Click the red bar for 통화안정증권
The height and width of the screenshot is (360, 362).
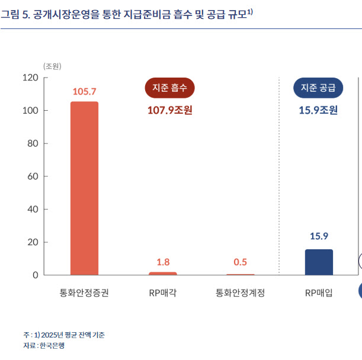coord(84,188)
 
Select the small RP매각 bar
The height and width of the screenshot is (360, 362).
coord(162,274)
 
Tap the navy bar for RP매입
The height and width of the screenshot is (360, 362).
coord(319,262)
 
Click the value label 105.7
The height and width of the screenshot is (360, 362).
coord(84,91)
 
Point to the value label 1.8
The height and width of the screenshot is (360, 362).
coord(162,262)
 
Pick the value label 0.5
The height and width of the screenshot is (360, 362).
coord(241,262)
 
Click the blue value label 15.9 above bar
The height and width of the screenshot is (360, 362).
coord(319,236)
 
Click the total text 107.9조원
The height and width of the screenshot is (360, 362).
coord(170,110)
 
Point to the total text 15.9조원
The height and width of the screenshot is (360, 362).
coord(319,110)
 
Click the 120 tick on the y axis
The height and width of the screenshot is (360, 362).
coord(31,78)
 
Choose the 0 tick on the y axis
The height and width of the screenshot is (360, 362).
coord(36,275)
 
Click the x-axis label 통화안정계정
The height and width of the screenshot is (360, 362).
coord(240,292)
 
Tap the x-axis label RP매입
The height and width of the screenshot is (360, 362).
coord(318,292)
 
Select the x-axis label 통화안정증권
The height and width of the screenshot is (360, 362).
coord(84,292)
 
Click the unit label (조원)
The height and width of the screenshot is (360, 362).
coord(53,66)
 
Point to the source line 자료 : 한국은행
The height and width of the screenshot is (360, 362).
coord(44,345)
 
